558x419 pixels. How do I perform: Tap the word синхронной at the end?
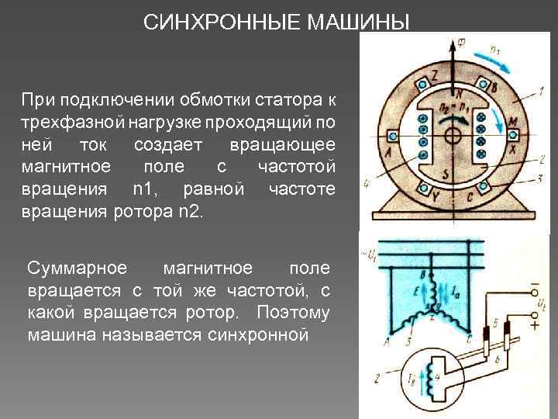click(259, 336)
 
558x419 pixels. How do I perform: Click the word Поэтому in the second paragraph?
click(298, 313)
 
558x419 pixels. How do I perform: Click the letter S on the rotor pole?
click(444, 173)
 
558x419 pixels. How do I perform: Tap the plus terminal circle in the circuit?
click(533, 316)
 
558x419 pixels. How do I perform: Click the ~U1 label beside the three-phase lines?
click(370, 253)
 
